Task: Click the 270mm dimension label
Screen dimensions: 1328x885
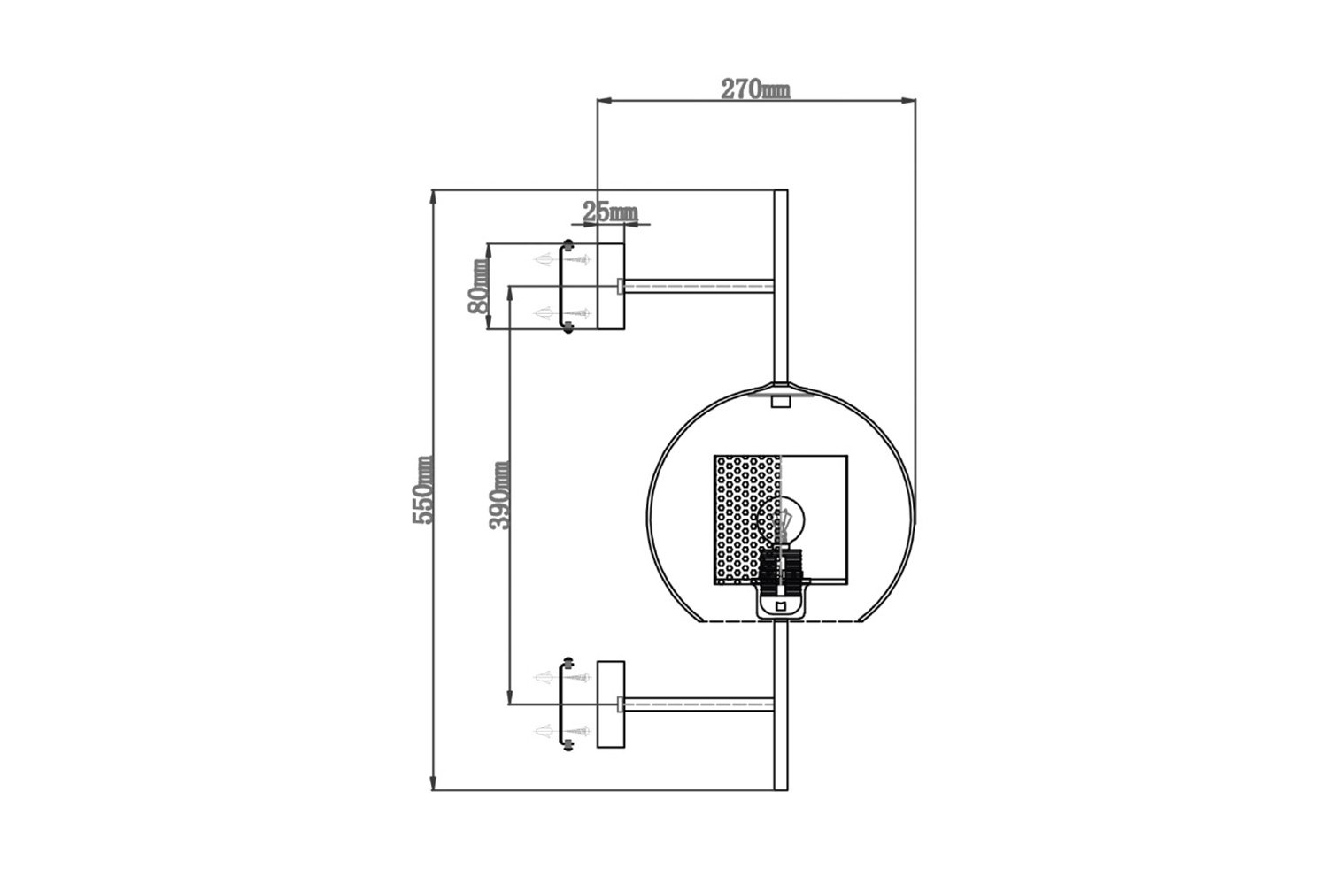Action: point(754,88)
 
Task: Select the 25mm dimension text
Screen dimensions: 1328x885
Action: point(610,212)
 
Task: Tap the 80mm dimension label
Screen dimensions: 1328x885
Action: point(478,287)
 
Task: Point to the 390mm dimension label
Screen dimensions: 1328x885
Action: point(498,495)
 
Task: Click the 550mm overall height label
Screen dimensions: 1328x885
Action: point(422,489)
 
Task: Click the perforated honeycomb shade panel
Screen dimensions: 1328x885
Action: point(748,519)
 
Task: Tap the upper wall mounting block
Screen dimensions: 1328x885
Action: point(611,287)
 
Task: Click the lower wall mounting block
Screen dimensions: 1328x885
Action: point(611,704)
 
